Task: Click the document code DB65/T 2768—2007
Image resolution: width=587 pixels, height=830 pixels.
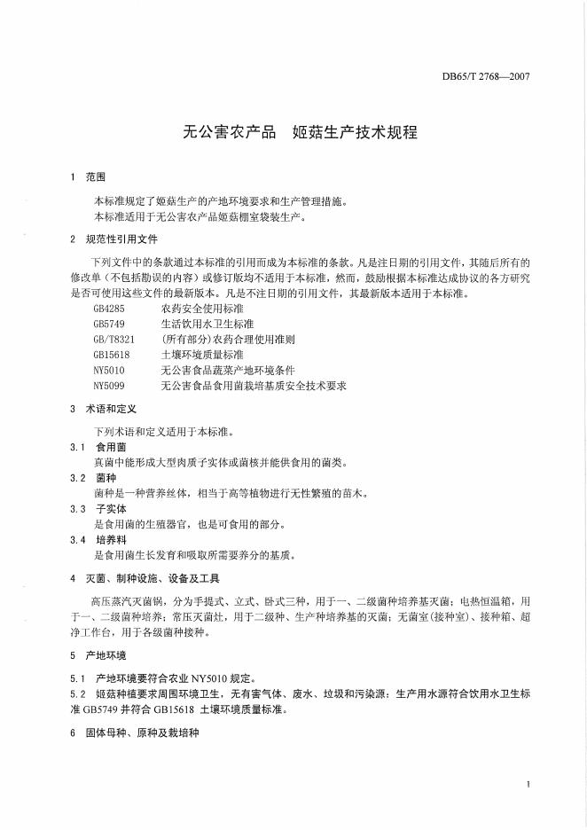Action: [x=485, y=78]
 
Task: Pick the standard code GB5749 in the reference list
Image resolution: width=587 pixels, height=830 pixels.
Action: [x=108, y=325]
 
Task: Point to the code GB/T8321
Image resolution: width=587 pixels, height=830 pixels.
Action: [x=113, y=340]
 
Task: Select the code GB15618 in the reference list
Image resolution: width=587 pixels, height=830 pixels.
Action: [x=111, y=355]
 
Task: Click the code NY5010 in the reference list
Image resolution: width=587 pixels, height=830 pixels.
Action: [x=108, y=370]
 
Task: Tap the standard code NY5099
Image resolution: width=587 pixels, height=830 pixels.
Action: [x=108, y=386]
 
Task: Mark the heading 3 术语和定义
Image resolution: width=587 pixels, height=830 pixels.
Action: [x=101, y=409]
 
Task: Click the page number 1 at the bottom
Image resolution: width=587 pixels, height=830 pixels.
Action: [x=528, y=784]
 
